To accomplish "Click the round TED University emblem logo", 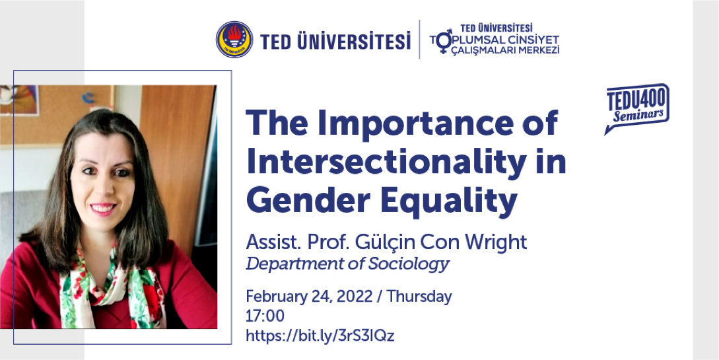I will pos(234,40).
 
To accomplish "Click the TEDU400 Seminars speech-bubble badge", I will pos(636,108).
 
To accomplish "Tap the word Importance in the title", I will pos(423,124).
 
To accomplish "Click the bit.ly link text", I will pos(320,335).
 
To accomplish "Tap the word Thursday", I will pos(419,297).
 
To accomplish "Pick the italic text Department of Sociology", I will pos(347,264).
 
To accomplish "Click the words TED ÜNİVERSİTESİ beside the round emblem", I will pos(335,41).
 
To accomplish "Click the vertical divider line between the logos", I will pos(419,39).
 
